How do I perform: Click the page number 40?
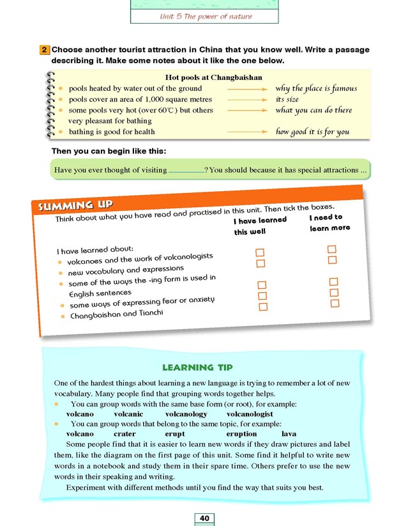coord(204,518)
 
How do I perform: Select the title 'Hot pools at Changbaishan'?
coord(213,78)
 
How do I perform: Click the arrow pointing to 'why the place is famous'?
coord(246,89)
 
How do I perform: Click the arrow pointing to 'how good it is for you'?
coord(246,132)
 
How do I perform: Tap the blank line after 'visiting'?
coord(186,171)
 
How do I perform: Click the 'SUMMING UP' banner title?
coord(76,206)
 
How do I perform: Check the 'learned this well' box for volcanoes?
coord(260,252)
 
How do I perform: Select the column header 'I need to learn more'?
coord(330,223)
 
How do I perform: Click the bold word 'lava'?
coord(289,433)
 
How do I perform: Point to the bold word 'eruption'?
coord(241,433)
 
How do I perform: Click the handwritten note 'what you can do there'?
coord(313,110)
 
